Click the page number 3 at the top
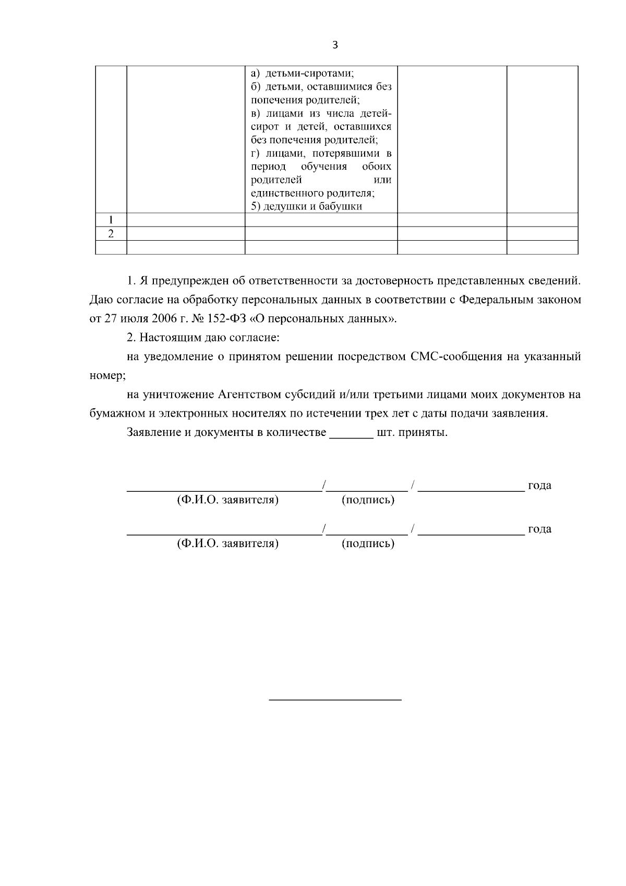335,45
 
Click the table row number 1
111,220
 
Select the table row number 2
111,233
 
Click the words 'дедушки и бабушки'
312,206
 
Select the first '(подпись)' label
368,500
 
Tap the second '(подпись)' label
368,544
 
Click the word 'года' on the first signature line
539,485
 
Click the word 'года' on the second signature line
539,529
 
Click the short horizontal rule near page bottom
335,699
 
